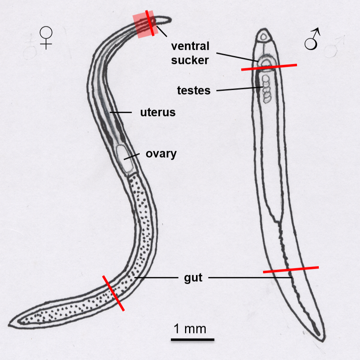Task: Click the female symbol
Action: point(47,38)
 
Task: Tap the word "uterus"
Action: point(158,112)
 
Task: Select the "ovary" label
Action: point(161,154)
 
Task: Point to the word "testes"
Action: point(194,91)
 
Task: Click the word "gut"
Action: point(193,278)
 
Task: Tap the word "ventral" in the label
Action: point(190,46)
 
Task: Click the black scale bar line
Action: point(192,339)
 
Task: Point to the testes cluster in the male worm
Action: point(266,88)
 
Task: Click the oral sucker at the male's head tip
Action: point(264,37)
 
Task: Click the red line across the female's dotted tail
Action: point(113,293)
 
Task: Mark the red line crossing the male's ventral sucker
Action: point(269,67)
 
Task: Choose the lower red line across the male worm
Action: point(291,269)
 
